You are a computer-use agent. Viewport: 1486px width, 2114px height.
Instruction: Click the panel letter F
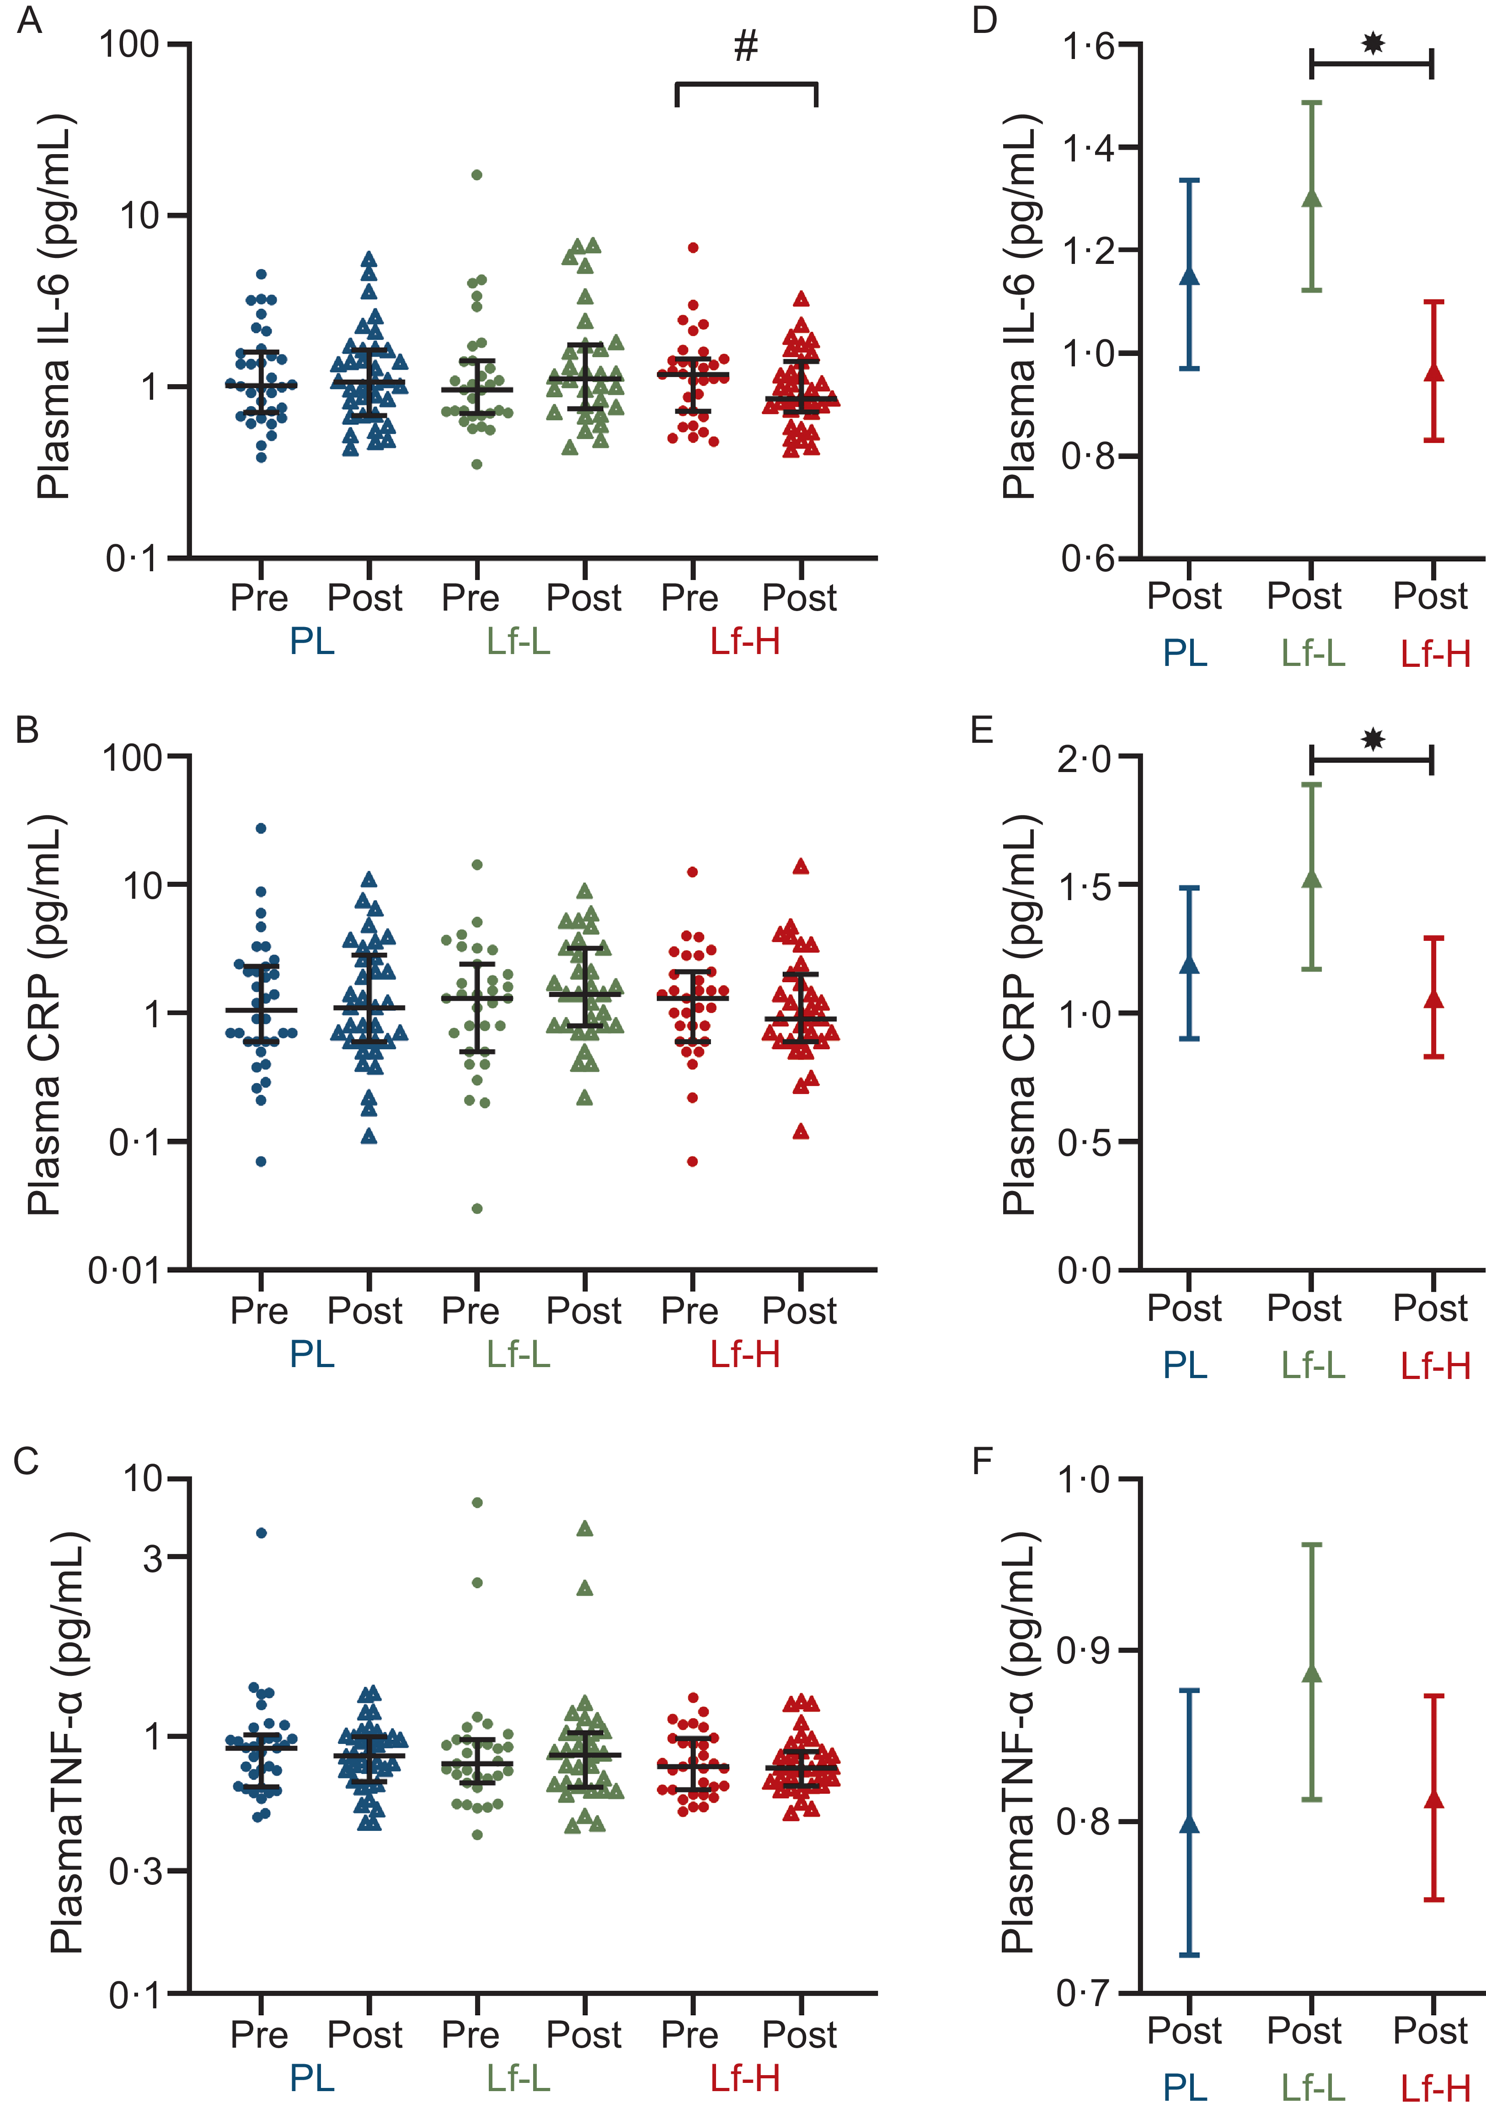(x=984, y=1461)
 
